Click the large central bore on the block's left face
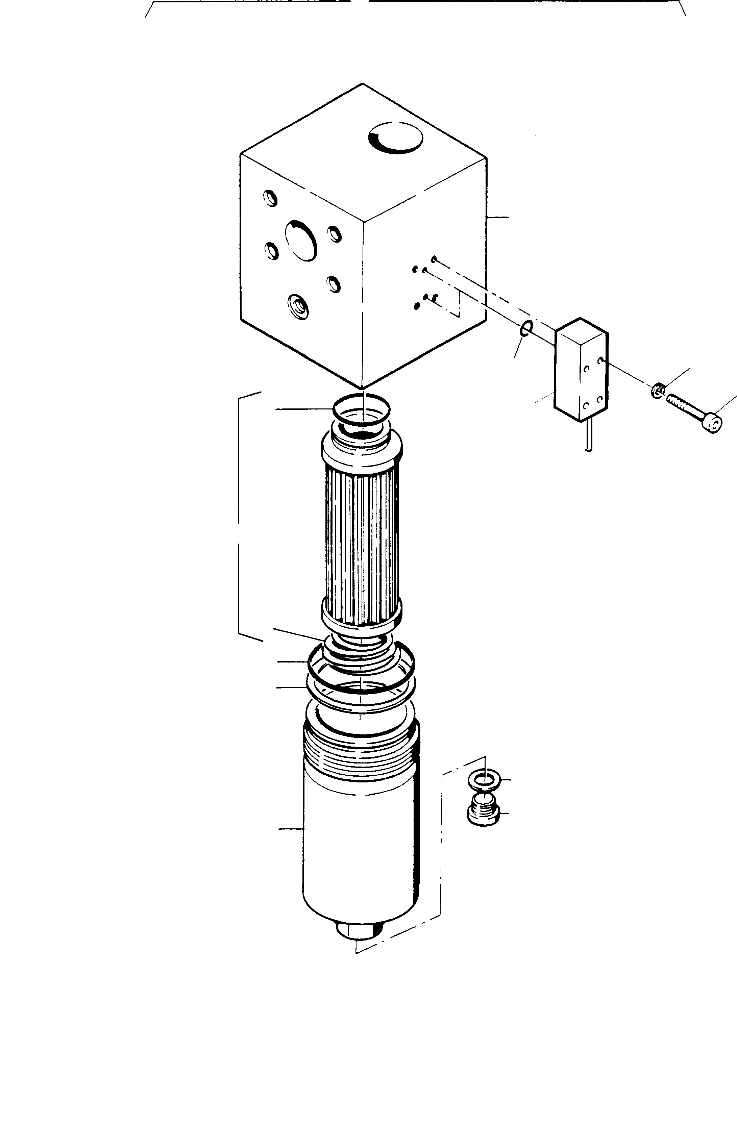300,240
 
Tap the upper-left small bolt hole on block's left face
270,198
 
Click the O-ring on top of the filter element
362,407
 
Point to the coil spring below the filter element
361,651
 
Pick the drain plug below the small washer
483,810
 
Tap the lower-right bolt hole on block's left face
333,284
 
